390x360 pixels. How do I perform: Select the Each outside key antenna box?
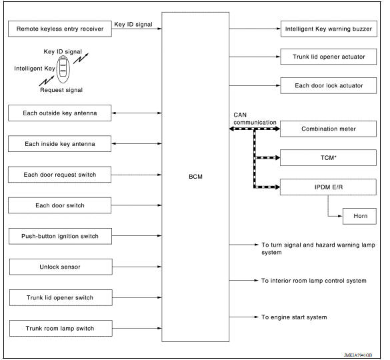tap(59, 113)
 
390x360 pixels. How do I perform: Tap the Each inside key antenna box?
tap(59, 144)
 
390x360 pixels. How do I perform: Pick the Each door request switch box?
tap(59, 175)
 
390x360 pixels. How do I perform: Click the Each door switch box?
tap(59, 205)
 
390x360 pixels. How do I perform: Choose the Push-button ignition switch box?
tap(59, 236)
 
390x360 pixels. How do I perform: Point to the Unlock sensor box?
tap(59, 267)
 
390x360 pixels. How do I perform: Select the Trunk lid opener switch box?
tap(59, 297)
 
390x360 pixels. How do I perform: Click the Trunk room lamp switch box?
tap(59, 328)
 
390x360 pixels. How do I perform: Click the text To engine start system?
tap(294, 317)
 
